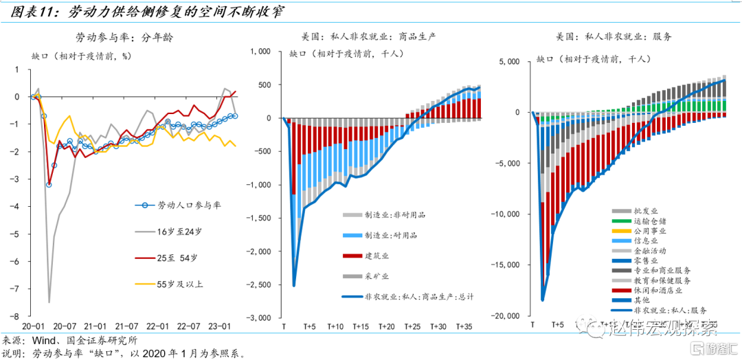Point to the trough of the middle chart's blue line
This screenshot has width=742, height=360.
pyautogui.click(x=293, y=286)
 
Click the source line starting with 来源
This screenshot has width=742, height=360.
pyautogui.click(x=69, y=340)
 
